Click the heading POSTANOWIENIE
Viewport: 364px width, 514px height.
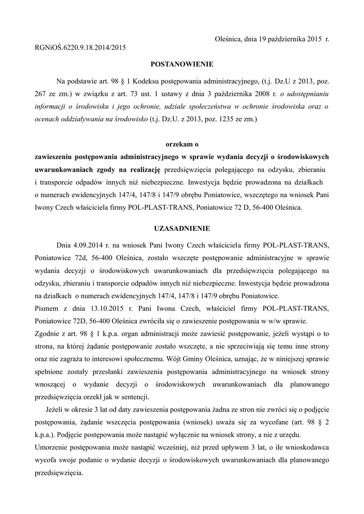point(182,64)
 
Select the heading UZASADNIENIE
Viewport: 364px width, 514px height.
point(182,228)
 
